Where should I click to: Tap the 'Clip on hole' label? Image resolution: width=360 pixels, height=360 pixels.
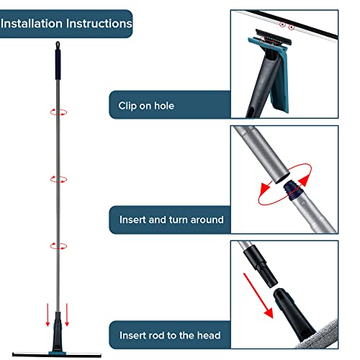pos(146,107)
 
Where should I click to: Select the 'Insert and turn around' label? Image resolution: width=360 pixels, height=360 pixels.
pos(171,219)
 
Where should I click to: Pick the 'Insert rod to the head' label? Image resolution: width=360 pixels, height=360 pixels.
pos(170,334)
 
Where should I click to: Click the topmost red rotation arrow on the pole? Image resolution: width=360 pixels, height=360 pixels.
pos(55,112)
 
